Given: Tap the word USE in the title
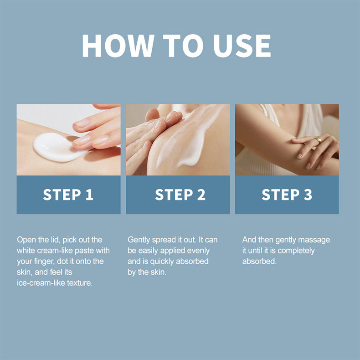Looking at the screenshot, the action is tap(242, 46).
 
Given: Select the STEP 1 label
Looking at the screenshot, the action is tap(68, 195).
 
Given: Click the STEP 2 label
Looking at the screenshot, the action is tap(180, 195).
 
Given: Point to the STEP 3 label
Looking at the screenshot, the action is tap(287, 195).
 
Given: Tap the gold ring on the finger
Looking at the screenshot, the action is tap(319, 140).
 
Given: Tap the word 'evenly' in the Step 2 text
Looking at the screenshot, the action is tap(198, 251).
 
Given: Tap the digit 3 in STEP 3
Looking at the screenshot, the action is tap(308, 195).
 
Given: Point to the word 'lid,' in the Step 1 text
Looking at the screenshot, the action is tap(56, 240).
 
